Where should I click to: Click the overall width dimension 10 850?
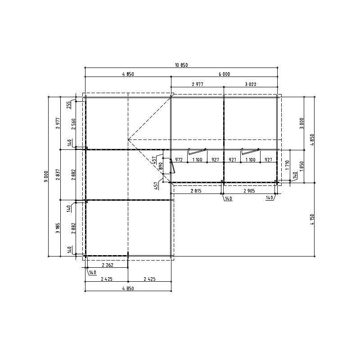pos(181,65)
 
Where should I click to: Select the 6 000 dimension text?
pos(224,74)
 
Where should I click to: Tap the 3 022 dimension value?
pos(251,84)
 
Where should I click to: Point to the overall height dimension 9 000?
pos(46,176)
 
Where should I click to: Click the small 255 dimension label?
pos(69,105)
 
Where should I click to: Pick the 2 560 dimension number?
pos(73,124)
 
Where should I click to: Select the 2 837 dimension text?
pos(58,175)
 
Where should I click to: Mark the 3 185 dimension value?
pos(58,228)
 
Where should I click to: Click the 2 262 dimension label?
pos(108,265)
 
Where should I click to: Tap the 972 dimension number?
pos(179,160)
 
